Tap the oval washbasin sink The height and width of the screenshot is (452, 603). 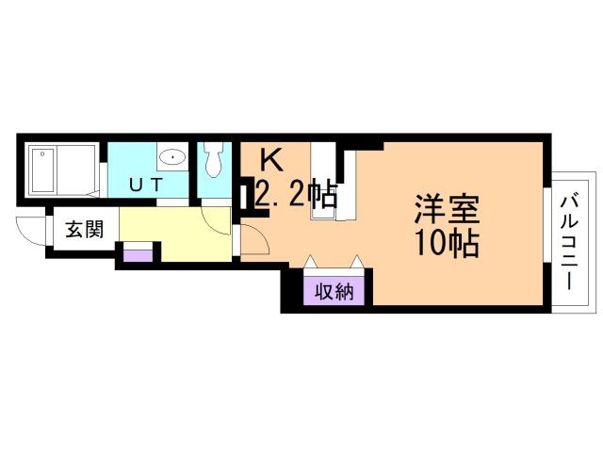coord(171,158)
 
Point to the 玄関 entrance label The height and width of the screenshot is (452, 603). coord(84,229)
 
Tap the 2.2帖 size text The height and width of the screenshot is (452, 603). coord(296,196)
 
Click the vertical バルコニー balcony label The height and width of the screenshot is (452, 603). coord(570,242)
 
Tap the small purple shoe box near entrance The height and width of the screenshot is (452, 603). coord(138,253)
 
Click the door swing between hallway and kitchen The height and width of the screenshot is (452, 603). coord(254,239)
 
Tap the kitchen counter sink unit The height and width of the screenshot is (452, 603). coord(324,185)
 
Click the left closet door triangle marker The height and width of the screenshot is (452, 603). coord(310,260)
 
